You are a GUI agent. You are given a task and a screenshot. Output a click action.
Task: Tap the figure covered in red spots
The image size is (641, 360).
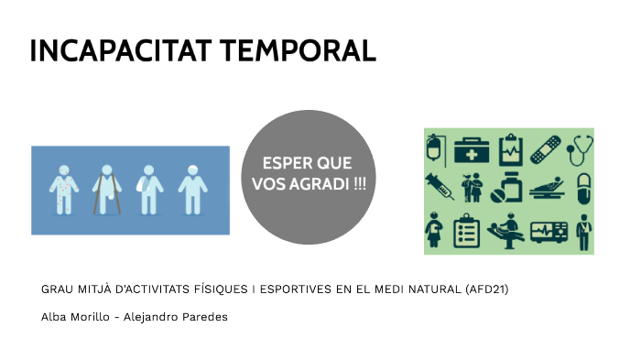63,190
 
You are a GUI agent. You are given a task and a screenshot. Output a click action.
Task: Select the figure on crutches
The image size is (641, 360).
106,190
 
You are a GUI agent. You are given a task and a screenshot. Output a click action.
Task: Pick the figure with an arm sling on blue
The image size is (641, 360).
149,190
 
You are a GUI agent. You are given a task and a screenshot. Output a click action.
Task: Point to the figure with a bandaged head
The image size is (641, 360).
191,190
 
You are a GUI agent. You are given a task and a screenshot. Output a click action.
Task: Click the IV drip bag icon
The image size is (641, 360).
437,149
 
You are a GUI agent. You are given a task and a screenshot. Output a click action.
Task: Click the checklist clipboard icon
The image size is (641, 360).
468,231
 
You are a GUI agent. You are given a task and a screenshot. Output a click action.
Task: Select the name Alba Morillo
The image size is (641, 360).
72,316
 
